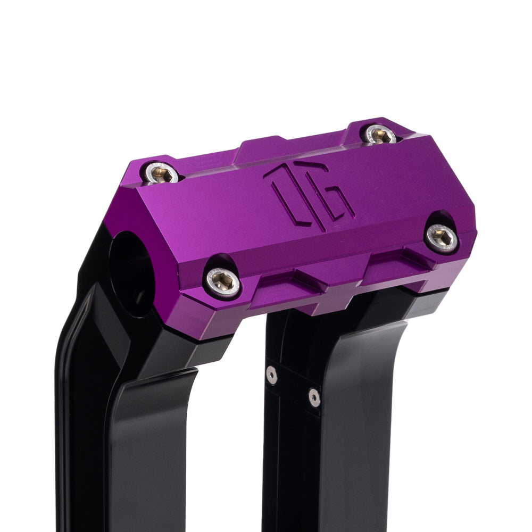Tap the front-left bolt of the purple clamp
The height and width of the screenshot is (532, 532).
coord(223,281)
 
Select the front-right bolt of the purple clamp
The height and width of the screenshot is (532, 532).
coord(443,238)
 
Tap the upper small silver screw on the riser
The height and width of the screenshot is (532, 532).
coord(272,375)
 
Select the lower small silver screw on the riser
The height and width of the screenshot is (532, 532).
coord(314,397)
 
